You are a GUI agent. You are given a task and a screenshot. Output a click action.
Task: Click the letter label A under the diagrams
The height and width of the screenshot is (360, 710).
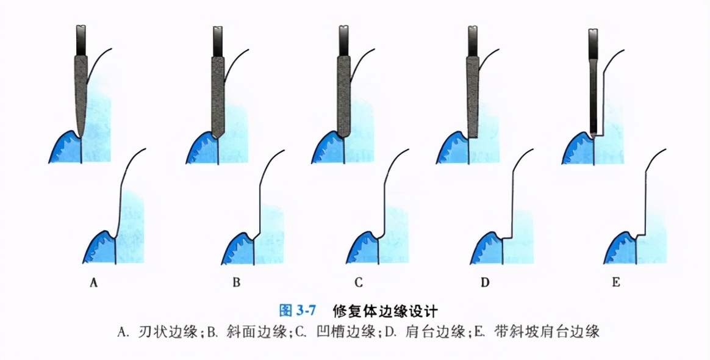pyautogui.click(x=94, y=283)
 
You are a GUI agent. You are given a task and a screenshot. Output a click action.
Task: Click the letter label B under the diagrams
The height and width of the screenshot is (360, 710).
pyautogui.click(x=237, y=283)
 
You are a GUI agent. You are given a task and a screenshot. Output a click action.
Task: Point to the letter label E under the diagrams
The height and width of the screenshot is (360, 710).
pyautogui.click(x=616, y=283)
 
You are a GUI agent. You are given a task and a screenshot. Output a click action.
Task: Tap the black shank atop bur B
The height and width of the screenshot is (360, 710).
pyautogui.click(x=218, y=41)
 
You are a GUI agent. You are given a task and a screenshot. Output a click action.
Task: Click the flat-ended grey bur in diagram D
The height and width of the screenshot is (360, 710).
pyautogui.click(x=472, y=95)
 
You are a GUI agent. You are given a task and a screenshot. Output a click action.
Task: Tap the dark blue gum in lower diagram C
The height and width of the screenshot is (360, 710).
pyautogui.click(x=365, y=250)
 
